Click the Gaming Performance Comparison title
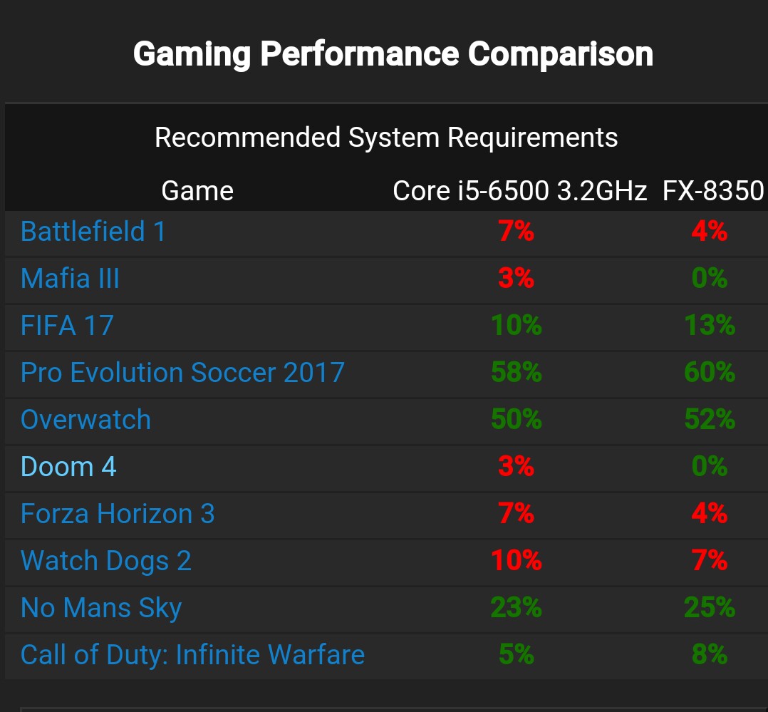point(393,54)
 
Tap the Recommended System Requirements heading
point(386,137)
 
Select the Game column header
point(197,191)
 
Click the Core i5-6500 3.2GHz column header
point(519,191)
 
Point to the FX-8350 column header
point(712,191)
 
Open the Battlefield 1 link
point(93,232)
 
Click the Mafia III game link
point(70,279)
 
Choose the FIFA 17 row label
point(67,326)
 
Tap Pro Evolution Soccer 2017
point(182,373)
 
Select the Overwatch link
point(85,420)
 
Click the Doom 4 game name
point(68,467)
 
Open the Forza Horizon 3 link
point(118,514)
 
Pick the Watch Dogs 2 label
point(106,561)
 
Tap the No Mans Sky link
point(101,609)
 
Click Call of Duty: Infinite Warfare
point(192,655)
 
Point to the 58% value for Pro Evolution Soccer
point(517,373)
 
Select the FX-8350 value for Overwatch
point(710,420)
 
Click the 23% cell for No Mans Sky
point(517,608)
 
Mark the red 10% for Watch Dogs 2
point(517,561)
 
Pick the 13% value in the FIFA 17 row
point(710,326)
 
